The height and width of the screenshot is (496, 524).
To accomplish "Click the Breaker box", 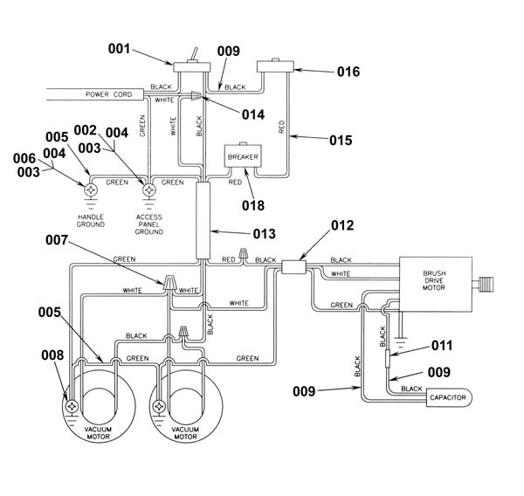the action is click(x=243, y=155).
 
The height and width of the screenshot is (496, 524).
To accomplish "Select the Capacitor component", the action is click(x=449, y=397).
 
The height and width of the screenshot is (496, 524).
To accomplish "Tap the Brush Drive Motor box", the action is click(x=436, y=285).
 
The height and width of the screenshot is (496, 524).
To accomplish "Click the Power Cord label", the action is click(x=108, y=94).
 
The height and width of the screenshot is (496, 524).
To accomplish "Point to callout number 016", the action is click(x=348, y=72).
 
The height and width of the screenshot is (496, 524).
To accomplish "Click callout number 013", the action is click(x=264, y=234).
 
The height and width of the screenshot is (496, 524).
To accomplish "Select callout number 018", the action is click(x=253, y=205).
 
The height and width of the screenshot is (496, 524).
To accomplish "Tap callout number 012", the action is click(x=342, y=225).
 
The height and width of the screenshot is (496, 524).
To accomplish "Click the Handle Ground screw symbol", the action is click(x=90, y=190).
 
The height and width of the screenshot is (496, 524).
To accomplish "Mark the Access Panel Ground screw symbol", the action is click(x=149, y=190).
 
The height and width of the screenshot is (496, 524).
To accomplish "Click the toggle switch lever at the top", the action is click(x=195, y=55).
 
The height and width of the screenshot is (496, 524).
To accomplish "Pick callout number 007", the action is click(x=57, y=239).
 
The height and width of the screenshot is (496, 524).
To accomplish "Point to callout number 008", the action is click(x=52, y=355).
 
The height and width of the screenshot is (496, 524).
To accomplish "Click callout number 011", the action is click(x=442, y=345).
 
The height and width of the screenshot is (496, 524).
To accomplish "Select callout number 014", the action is click(x=253, y=114).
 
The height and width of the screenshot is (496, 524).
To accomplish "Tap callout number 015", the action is click(x=341, y=140).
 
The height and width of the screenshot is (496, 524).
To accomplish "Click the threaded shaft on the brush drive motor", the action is click(x=486, y=285).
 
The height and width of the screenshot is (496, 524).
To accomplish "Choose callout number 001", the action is click(x=119, y=49).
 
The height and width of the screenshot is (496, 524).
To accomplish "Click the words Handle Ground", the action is click(x=91, y=221).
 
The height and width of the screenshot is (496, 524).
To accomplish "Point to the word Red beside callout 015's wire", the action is click(x=281, y=127).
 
